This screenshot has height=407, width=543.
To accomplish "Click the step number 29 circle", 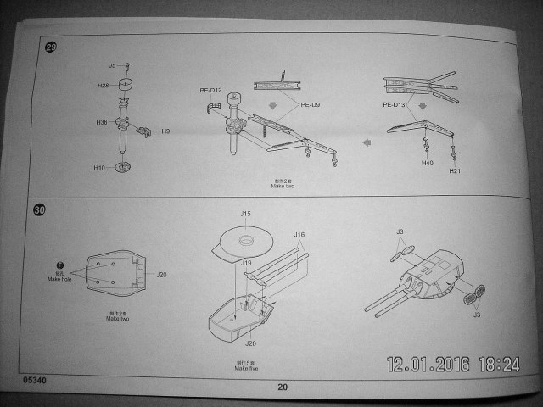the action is coord(50,47).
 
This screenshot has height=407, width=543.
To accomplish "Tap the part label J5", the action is coord(112,65).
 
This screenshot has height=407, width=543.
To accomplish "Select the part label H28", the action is coord(104,86).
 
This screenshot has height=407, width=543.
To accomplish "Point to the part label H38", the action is coord(103,123).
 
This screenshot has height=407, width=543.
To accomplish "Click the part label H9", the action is coord(166,131).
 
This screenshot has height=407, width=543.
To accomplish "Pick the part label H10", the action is coord(99,168).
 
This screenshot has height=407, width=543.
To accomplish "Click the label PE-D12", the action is coord(210,91).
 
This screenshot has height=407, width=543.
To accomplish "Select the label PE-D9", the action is coord(311,105).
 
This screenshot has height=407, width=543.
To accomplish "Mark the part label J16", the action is coord(299,234).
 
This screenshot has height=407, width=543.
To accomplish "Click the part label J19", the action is coord(246,263).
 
